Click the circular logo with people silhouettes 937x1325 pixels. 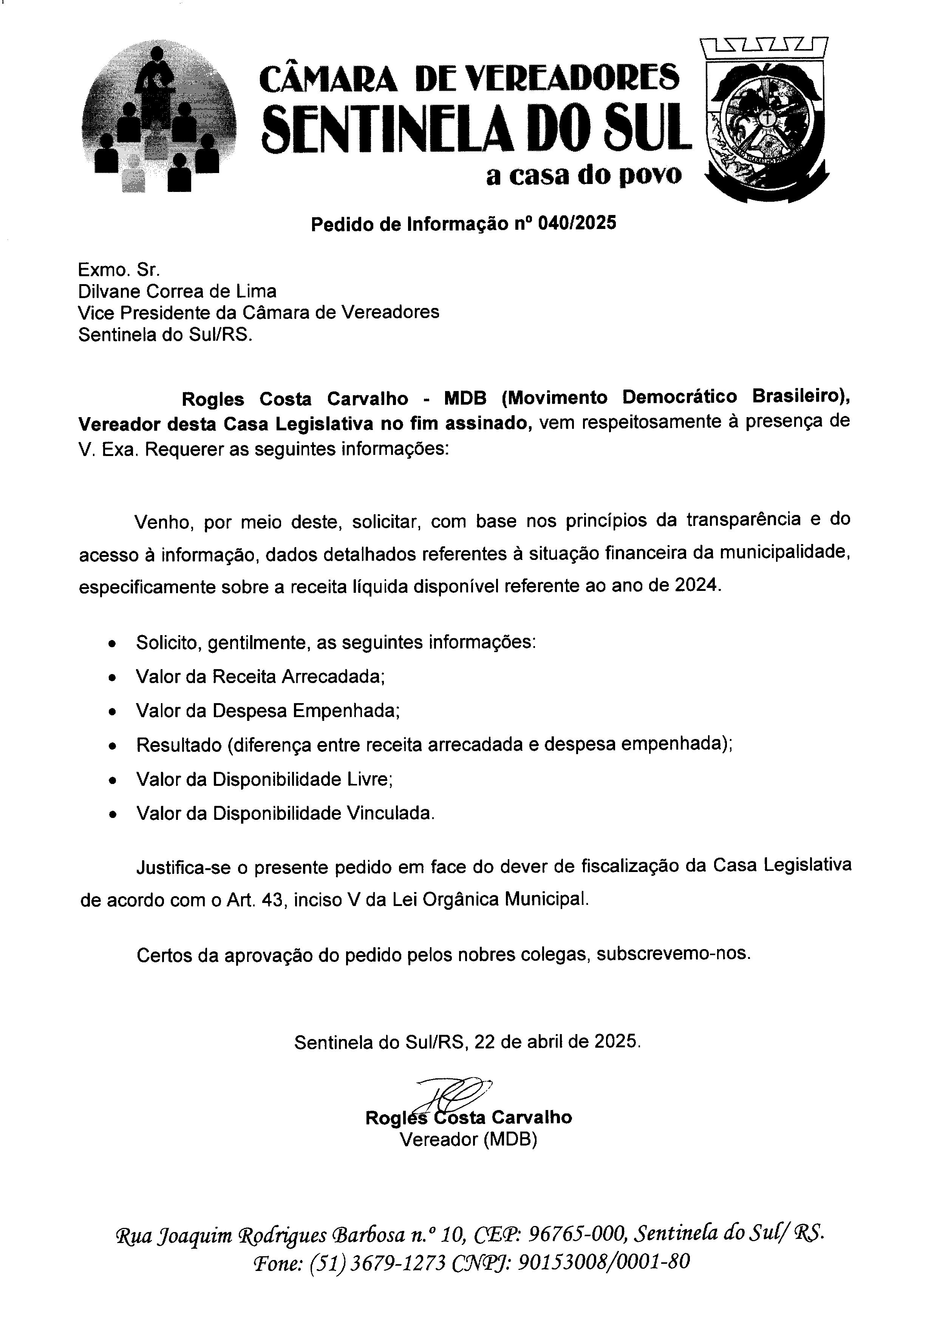(x=159, y=118)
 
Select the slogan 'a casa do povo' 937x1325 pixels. (x=583, y=175)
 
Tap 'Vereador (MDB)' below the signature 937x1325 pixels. (x=468, y=1140)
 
